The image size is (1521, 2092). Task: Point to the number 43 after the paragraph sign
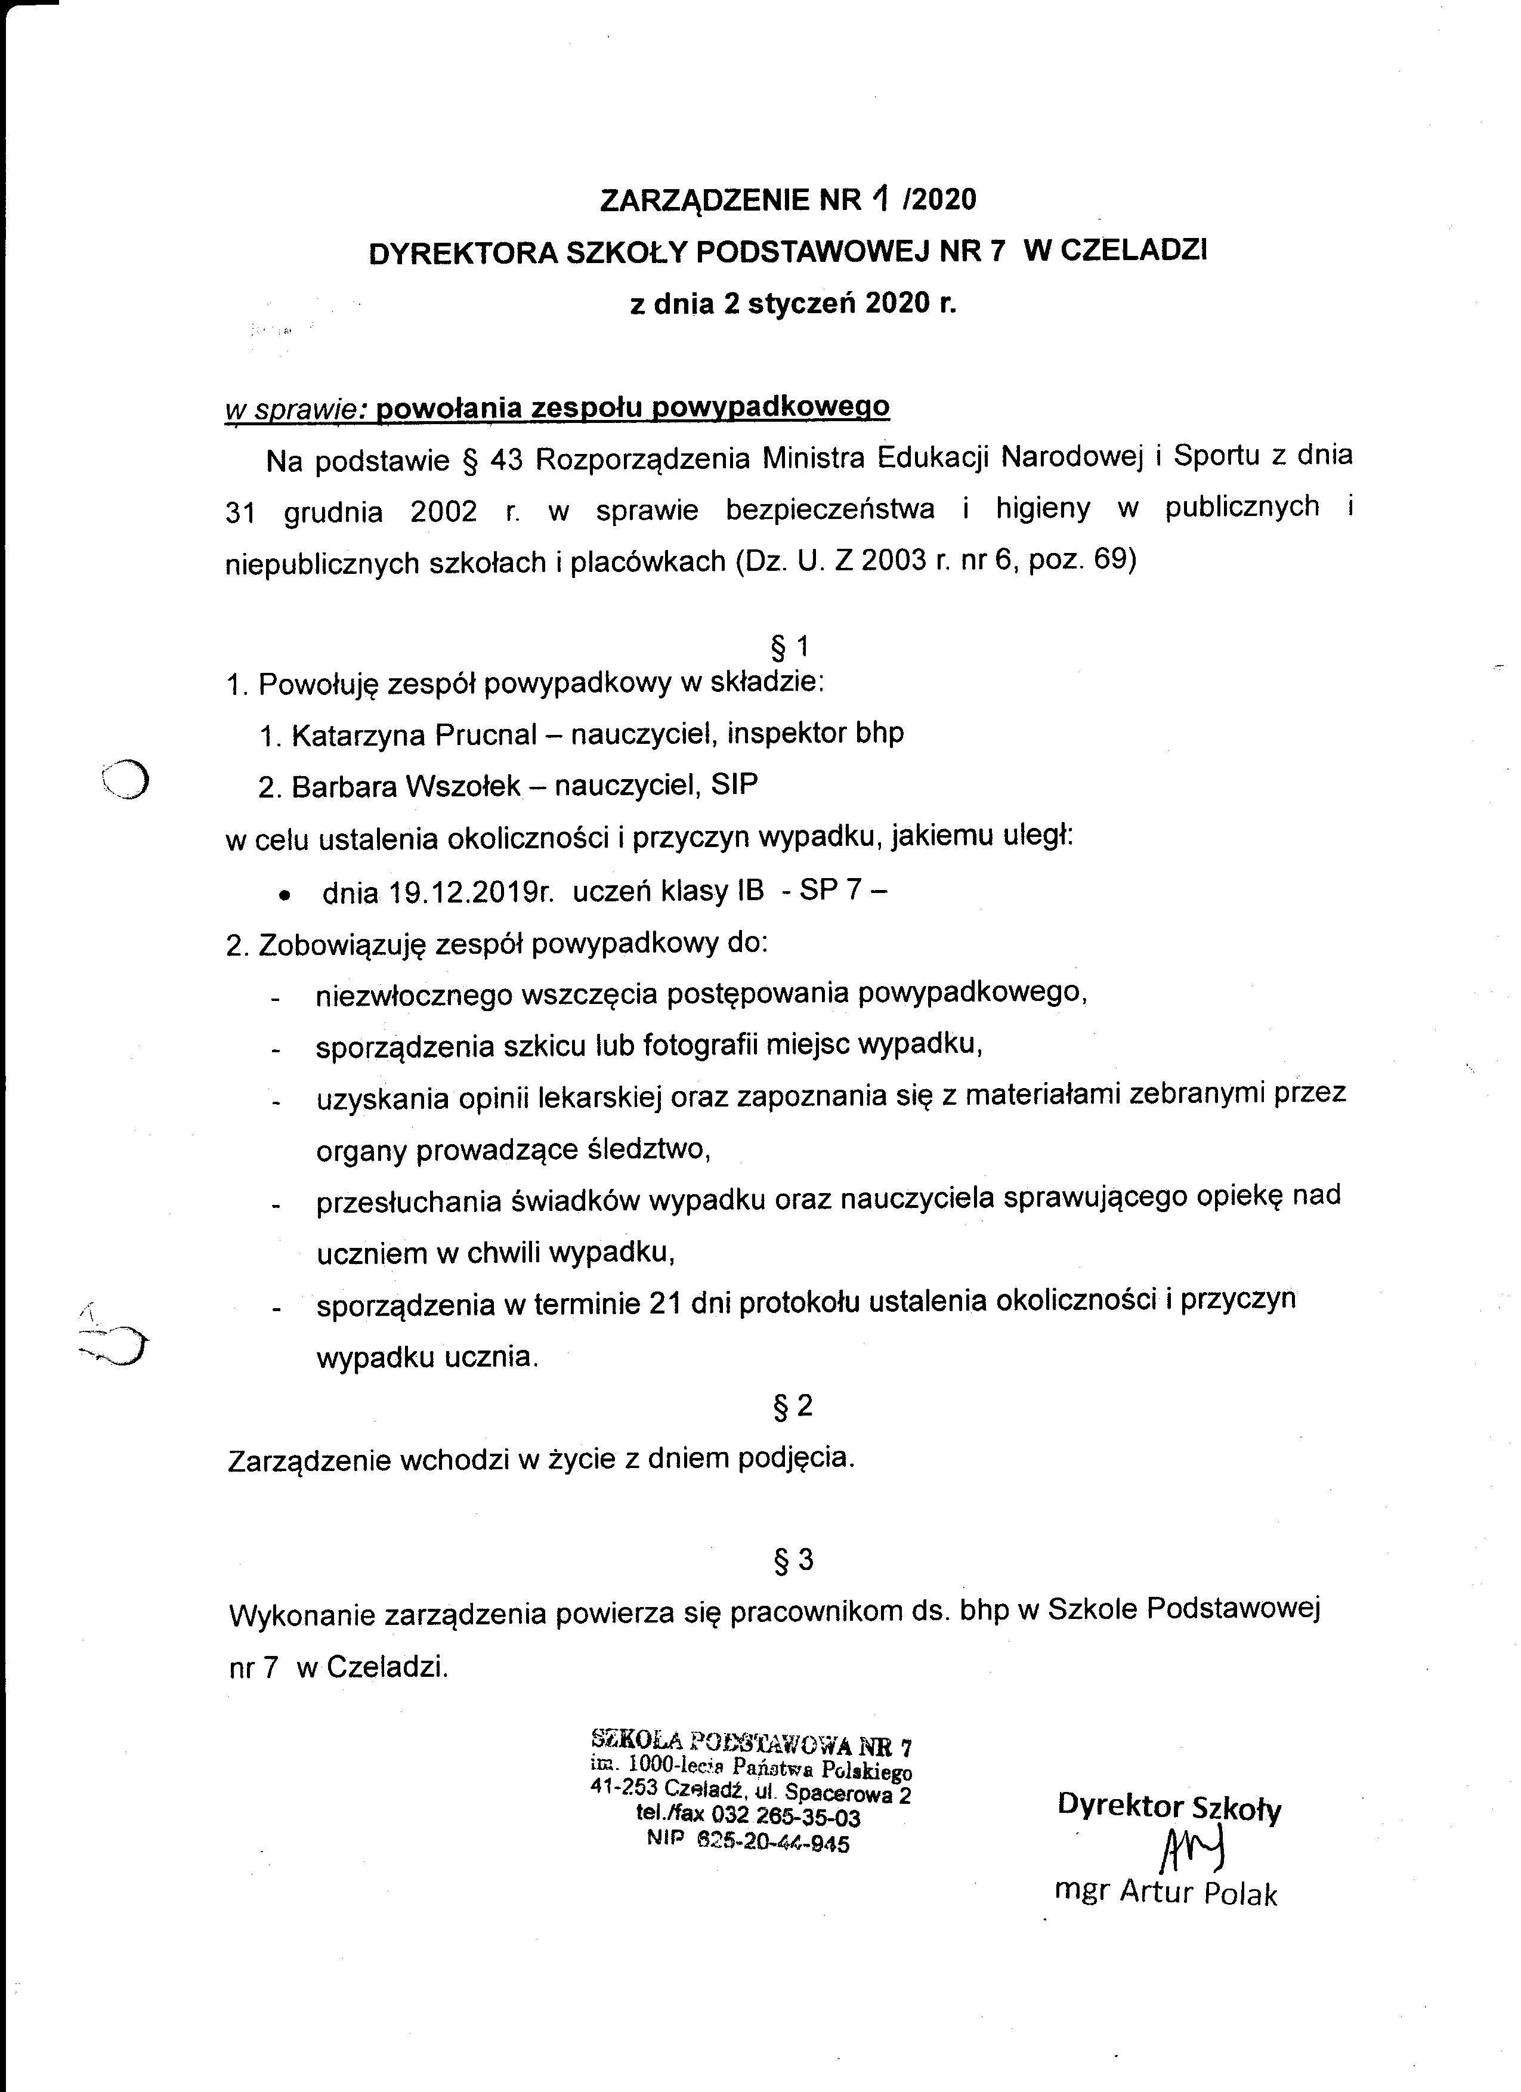click(506, 461)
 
